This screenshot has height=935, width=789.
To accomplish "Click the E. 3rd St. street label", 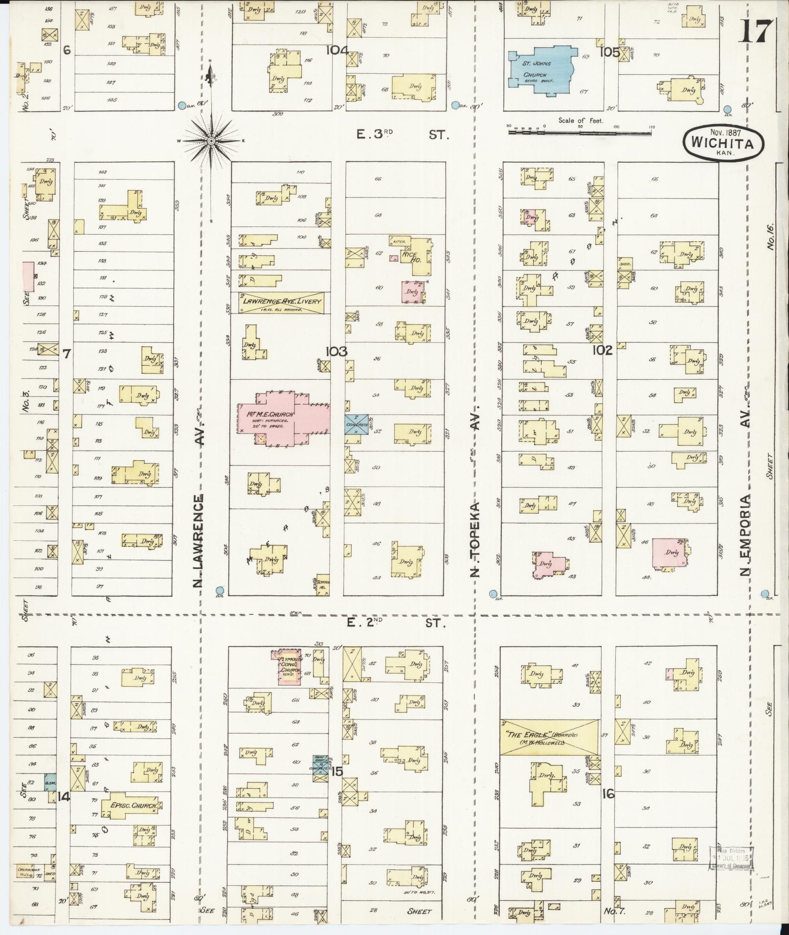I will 401,134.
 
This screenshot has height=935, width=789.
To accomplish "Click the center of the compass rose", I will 211,141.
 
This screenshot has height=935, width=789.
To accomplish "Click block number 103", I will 337,351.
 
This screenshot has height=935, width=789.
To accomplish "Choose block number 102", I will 602,350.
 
